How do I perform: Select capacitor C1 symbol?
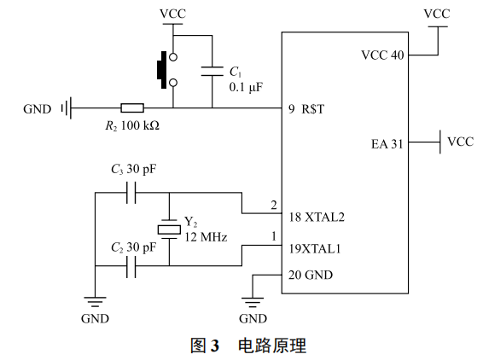coord(212,74)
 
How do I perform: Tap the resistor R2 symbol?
coord(132,108)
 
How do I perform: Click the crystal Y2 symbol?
coord(169,228)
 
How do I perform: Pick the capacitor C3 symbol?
coord(131,194)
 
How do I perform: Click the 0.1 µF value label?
coord(247,88)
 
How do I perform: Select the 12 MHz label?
coord(206,237)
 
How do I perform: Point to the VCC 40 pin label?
coord(382,55)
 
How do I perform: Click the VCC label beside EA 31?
coord(461,142)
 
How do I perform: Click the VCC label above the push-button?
coord(173,14)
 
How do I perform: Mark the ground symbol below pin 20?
coord(253,300)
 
